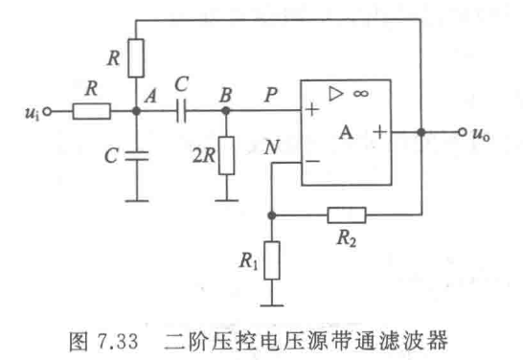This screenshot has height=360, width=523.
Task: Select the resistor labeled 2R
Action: coord(226,154)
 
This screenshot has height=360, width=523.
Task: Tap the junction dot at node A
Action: coord(137,111)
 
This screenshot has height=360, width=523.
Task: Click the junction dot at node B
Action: coord(226,111)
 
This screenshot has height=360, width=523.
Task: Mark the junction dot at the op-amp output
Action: coord(421,131)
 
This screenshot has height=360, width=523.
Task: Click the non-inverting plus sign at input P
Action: coord(312,111)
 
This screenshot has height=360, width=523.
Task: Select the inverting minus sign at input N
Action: coord(312,163)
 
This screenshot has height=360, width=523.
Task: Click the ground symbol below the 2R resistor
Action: coord(226,199)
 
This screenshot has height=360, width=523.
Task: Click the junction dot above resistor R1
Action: coord(273,213)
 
